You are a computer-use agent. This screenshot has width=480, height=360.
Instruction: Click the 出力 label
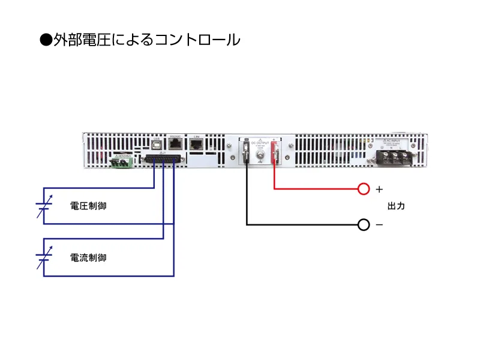397,206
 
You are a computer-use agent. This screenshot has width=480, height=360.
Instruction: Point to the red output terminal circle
363,190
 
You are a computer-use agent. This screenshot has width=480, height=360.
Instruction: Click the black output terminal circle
363,225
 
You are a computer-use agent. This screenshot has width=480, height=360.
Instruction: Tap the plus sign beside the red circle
379,190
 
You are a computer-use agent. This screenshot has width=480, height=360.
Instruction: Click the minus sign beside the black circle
379,225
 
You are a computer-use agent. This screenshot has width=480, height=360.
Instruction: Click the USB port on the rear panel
157,145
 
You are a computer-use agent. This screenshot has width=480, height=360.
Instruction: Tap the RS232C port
176,144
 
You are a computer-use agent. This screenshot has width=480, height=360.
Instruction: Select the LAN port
195,145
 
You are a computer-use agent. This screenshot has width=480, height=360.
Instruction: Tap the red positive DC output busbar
274,152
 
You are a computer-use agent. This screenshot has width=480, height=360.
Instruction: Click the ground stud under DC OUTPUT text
260,159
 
